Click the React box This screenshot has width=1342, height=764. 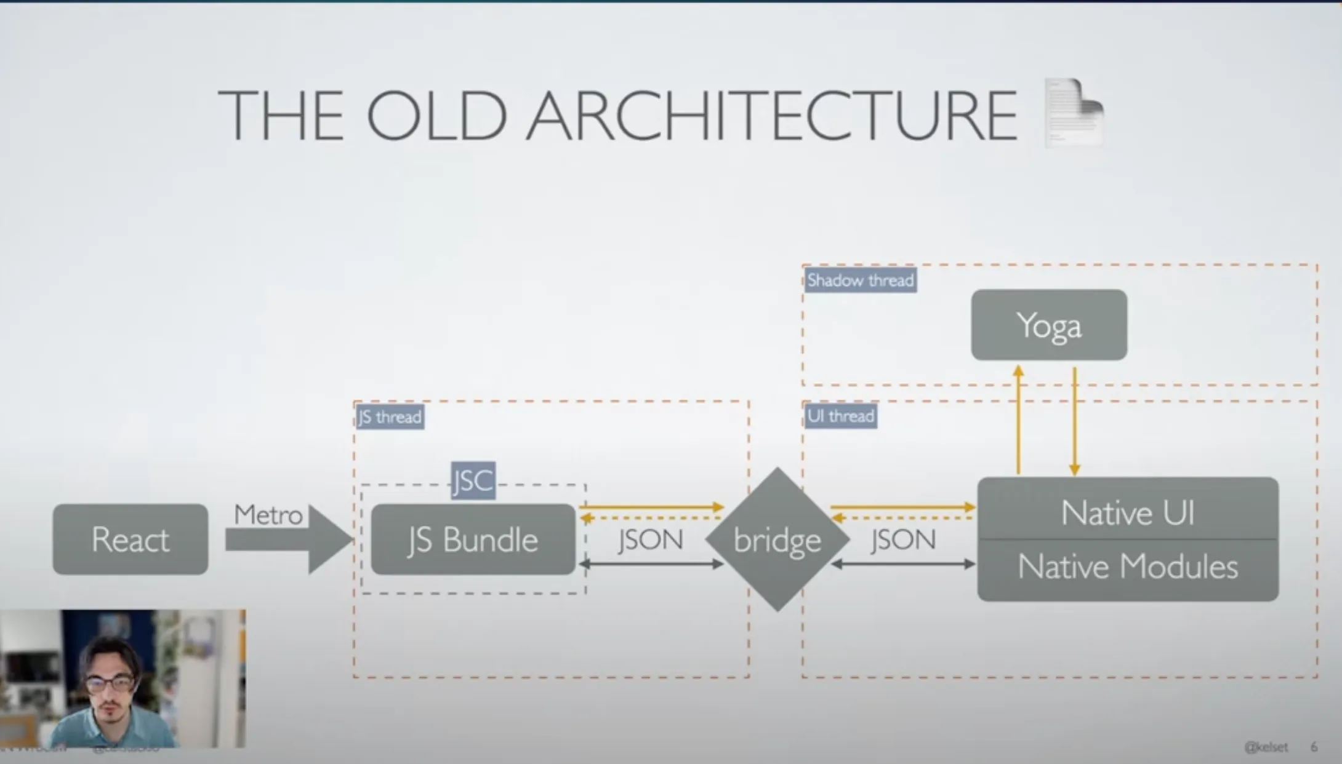[131, 539]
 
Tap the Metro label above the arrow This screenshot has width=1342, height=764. [268, 515]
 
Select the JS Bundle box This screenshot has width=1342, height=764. [473, 539]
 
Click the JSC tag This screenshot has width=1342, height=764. [473, 480]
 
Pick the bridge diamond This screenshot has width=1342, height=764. [777, 540]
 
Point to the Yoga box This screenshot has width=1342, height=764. [1049, 325]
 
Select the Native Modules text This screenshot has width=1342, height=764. [1128, 567]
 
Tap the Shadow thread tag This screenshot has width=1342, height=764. [860, 281]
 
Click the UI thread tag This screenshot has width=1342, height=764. [840, 416]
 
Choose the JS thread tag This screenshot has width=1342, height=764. [390, 417]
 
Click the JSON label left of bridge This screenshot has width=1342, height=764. [651, 540]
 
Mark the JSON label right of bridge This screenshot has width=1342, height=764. [903, 540]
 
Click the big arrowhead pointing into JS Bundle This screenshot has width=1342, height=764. [329, 539]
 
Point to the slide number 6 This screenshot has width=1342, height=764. [1314, 747]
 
